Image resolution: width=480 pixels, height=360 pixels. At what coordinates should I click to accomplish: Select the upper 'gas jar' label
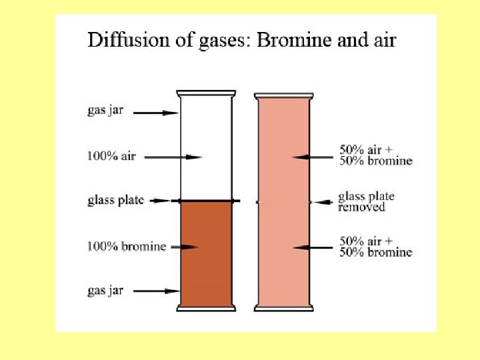coord(105,110)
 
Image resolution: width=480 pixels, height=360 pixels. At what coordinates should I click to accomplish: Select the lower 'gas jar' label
coord(105,291)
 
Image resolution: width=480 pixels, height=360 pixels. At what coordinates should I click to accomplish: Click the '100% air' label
coord(111,156)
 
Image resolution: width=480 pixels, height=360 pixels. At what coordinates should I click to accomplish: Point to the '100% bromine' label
coord(127,246)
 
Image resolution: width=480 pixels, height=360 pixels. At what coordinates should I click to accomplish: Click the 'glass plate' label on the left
coord(115,200)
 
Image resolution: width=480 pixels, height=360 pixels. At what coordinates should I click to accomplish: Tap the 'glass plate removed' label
coord(366,201)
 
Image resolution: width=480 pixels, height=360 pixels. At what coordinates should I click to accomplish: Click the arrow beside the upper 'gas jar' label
coord(157,113)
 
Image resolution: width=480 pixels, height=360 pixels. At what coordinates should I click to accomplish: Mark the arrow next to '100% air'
coord(173,157)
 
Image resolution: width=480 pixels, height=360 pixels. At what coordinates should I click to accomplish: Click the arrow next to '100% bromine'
coord(185,247)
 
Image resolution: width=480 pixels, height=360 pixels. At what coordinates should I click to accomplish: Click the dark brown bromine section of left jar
coord(206,253)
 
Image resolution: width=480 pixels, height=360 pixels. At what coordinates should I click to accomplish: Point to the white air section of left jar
coord(206,147)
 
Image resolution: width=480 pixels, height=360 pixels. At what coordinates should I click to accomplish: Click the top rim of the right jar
coord(284,95)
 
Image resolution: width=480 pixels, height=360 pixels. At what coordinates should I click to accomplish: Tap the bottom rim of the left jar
coord(206,307)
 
